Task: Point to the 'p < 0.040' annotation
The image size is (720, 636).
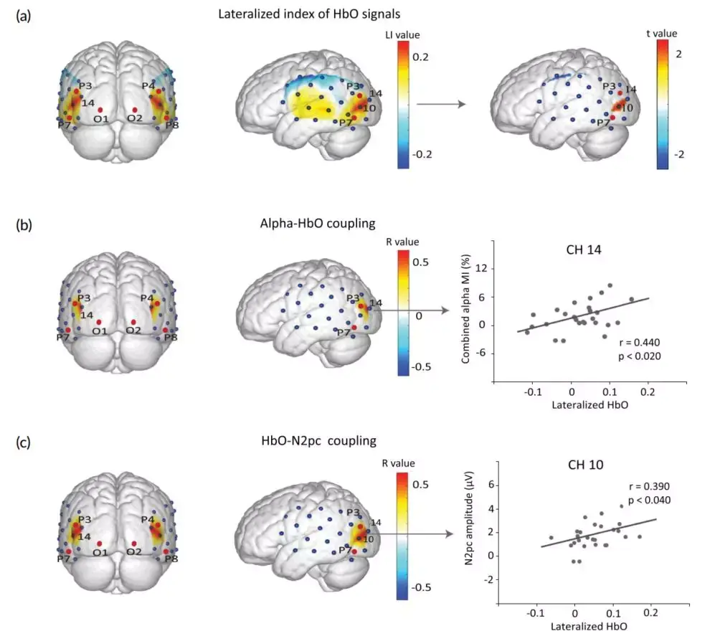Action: pos(645,500)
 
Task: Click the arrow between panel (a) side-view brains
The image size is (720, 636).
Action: pos(440,105)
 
